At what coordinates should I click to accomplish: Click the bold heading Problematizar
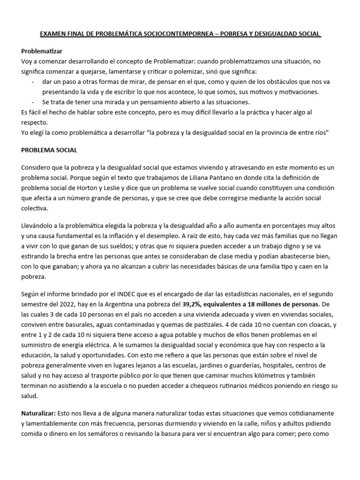tap(42, 51)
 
